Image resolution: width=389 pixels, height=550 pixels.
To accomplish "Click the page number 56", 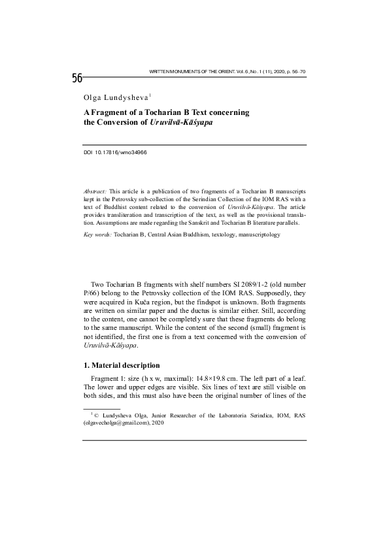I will (77, 79).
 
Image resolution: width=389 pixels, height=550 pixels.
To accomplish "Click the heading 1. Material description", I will (121, 365).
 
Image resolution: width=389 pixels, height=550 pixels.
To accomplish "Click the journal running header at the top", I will (228, 69).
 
